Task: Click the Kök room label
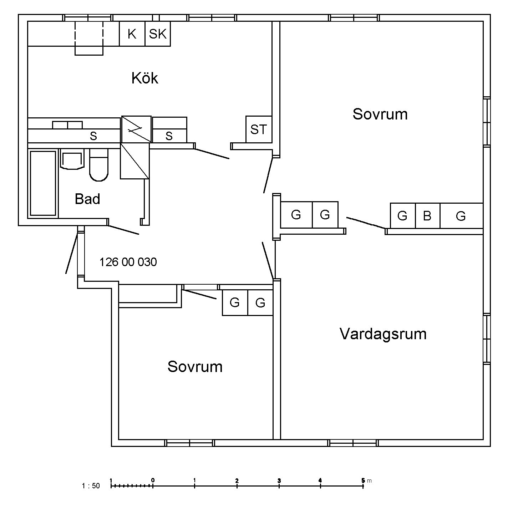[x=144, y=78]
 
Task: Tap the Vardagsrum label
[x=383, y=334]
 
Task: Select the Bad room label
[x=87, y=199]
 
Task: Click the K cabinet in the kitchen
[x=132, y=34]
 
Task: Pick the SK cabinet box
[x=158, y=34]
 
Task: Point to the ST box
[x=259, y=129]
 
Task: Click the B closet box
[x=427, y=216]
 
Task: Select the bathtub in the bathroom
[x=43, y=183]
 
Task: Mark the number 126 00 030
[x=128, y=262]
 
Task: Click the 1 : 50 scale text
[x=91, y=486]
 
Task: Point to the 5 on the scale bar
[x=363, y=480]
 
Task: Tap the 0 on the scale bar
[x=153, y=480]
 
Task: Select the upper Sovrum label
[x=380, y=114]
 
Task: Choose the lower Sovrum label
[x=195, y=367]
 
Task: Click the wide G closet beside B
[x=461, y=216]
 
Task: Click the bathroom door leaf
[x=123, y=230]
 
